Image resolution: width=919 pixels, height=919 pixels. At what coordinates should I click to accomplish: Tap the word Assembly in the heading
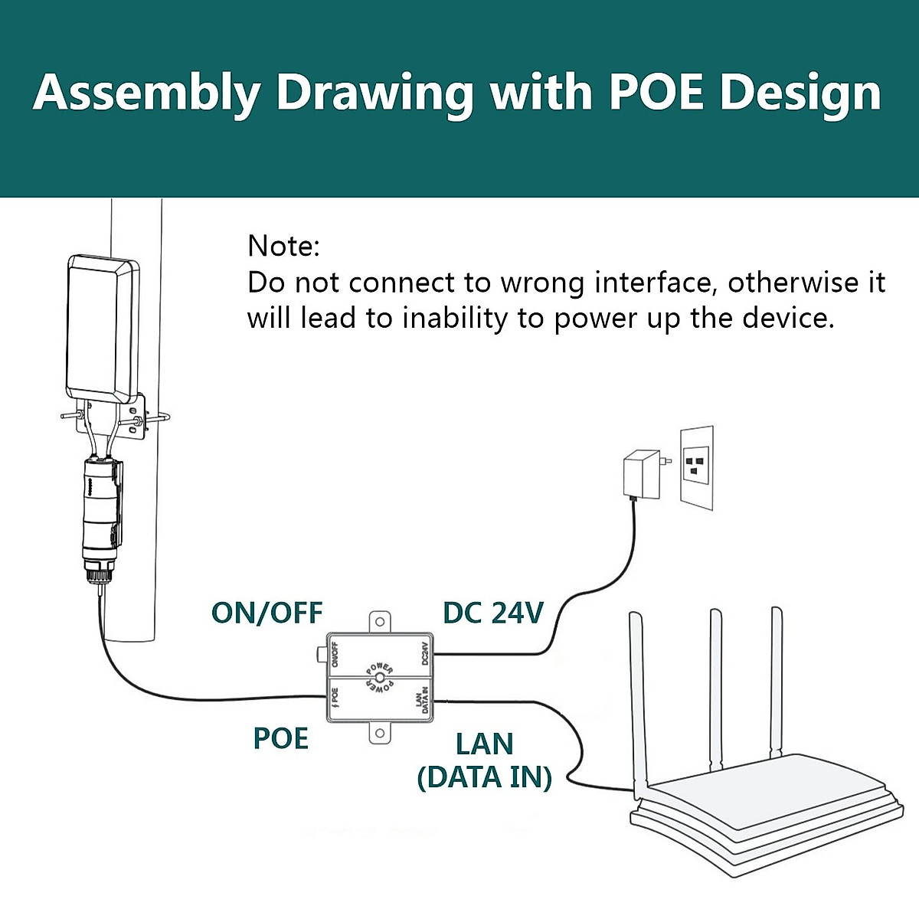[146, 93]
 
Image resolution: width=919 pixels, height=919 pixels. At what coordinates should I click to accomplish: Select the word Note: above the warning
[283, 247]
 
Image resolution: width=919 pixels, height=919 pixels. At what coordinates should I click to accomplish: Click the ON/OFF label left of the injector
[267, 613]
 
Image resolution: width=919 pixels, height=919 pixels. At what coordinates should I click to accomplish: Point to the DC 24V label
[493, 613]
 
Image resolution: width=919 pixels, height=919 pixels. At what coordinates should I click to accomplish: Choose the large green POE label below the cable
[280, 738]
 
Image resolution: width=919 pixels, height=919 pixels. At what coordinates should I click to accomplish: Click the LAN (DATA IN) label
[484, 760]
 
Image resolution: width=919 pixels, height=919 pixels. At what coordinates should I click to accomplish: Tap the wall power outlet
[697, 466]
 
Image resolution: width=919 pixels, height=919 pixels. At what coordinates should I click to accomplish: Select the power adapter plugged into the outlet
[639, 473]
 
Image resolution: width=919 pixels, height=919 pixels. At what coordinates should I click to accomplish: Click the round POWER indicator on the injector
[381, 679]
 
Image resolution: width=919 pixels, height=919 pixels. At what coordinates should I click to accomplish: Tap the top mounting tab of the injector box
[380, 622]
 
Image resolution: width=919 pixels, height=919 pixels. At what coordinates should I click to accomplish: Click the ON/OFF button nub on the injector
[321, 653]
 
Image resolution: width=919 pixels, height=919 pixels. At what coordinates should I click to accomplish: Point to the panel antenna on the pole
[103, 330]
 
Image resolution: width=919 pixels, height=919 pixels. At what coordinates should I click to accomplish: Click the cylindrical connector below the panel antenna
[101, 513]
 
